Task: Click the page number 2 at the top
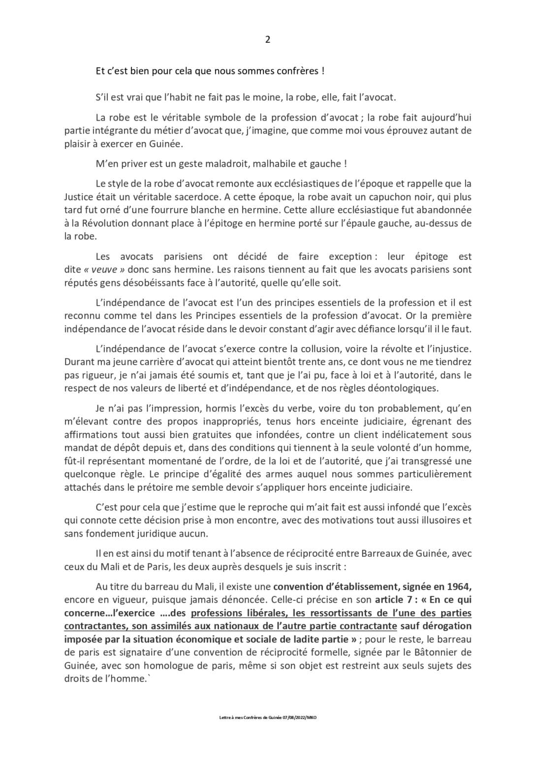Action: coord(267,40)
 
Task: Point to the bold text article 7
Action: coord(398,600)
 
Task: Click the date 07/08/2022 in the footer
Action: coord(291,718)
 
